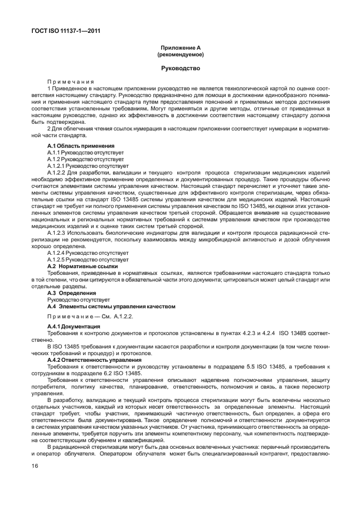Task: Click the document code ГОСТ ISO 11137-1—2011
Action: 65,31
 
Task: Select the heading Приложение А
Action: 180,49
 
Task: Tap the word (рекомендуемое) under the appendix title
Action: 180,56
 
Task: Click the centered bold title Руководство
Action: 180,69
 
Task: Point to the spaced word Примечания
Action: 70,81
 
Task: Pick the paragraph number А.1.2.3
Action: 57,232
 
